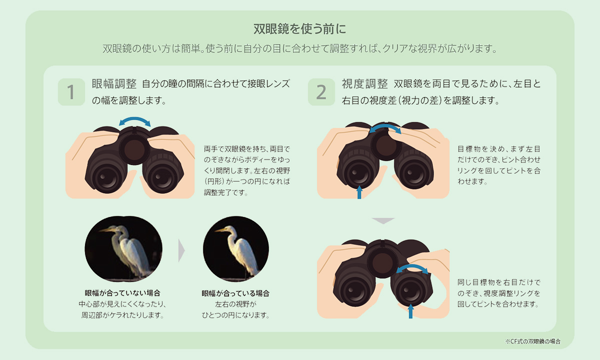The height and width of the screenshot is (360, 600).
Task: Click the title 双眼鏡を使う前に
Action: (299, 29)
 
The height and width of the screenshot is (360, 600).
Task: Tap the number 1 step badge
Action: (71, 92)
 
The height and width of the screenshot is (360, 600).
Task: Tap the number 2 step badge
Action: (321, 92)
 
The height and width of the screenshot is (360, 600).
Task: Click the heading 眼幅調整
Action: (114, 84)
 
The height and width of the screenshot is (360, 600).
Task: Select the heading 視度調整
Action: (364, 84)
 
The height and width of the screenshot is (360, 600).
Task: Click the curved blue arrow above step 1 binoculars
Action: (134, 118)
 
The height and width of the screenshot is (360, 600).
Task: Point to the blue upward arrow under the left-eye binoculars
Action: (359, 192)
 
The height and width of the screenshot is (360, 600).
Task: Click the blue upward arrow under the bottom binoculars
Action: (410, 311)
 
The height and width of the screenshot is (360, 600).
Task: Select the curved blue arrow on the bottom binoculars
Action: (412, 266)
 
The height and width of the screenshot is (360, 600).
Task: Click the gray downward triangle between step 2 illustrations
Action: (383, 220)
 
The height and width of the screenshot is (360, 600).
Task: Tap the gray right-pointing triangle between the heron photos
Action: (181, 250)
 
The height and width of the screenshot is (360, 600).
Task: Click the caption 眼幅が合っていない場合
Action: (122, 293)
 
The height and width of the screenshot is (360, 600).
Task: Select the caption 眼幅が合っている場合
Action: (235, 293)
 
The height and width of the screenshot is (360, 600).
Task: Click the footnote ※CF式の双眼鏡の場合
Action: (533, 341)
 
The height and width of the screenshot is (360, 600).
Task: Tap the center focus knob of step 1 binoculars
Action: (134, 149)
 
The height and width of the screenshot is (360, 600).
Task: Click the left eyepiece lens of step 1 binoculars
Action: (107, 178)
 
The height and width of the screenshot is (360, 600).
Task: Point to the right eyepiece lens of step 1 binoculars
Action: (162, 178)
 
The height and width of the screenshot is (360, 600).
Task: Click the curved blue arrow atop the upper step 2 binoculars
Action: (385, 126)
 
